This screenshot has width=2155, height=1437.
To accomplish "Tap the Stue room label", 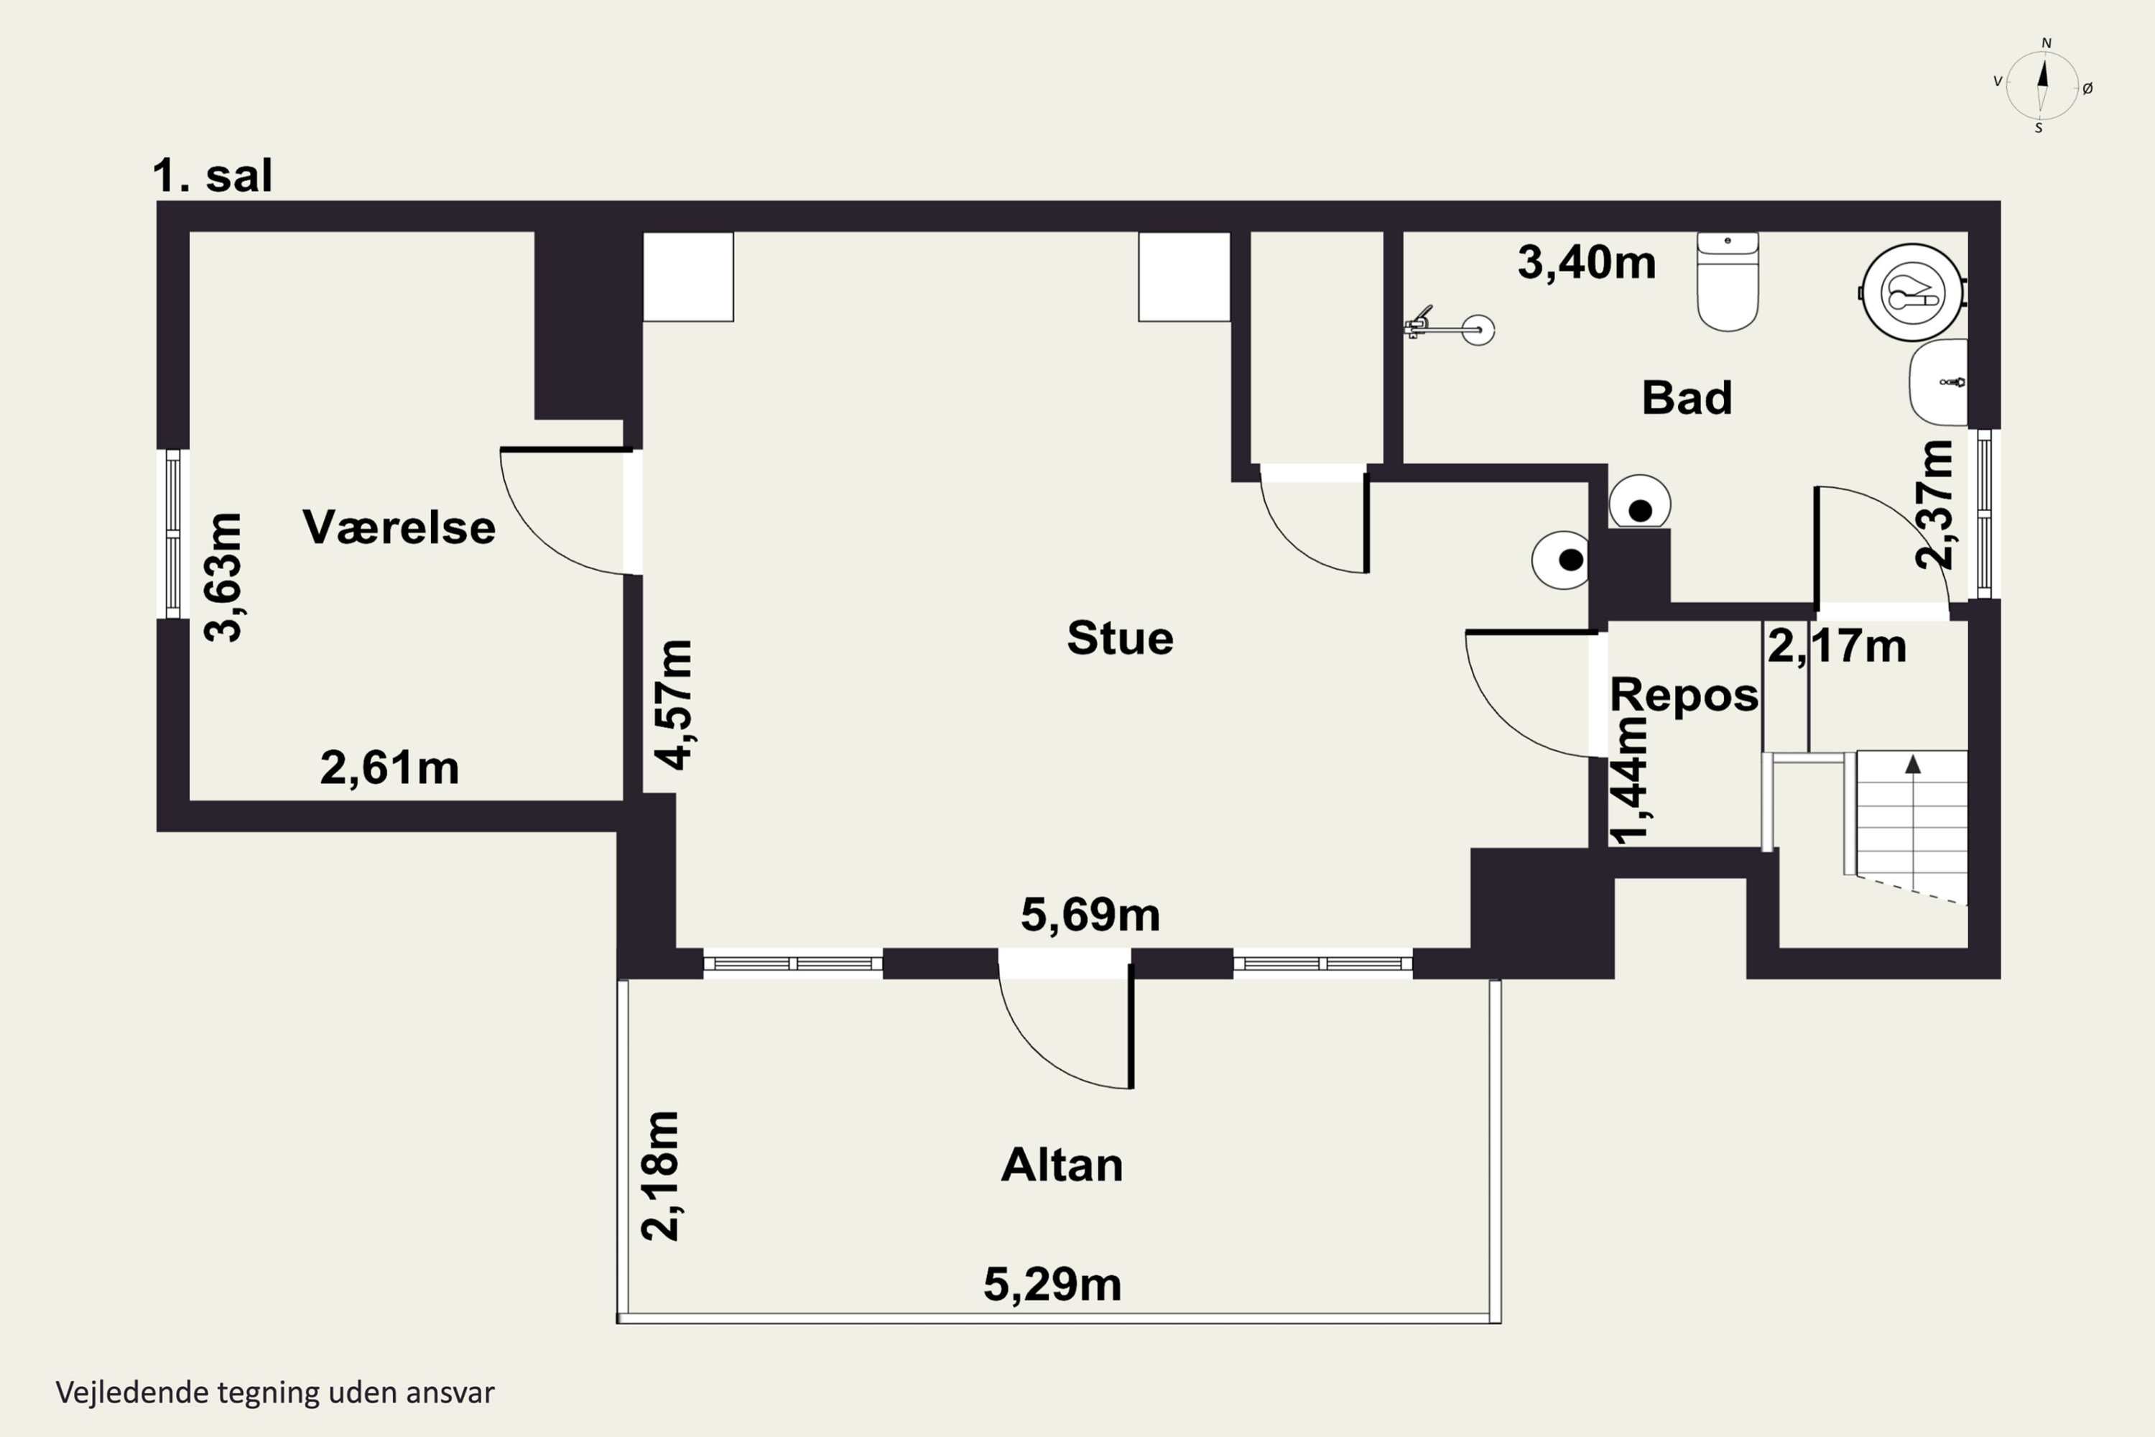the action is coord(1120,638).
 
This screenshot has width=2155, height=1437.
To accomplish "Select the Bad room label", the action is coord(1687,398).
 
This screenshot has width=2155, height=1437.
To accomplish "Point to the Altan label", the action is coord(1062,1165).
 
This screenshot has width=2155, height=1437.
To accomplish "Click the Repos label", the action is coord(1684,695).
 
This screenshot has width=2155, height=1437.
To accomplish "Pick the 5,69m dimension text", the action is coord(1090,915).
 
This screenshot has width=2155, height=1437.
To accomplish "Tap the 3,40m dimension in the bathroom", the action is coord(1587,263).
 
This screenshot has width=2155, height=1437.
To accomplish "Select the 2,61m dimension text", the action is coord(389,768).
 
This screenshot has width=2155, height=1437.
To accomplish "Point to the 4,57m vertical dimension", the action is coord(674,705).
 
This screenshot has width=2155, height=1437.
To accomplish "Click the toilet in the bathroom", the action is coord(1728,282).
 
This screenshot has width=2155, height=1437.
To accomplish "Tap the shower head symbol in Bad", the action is coord(1450,326).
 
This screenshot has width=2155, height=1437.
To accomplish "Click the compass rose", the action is coord(2042,86).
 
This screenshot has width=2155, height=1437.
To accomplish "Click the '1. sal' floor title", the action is coord(213,175).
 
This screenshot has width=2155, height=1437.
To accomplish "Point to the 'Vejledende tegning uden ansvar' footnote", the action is coord(275,1392).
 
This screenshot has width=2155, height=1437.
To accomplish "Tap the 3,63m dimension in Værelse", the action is coord(223,578).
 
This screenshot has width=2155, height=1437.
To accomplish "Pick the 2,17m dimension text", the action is coord(1837,646).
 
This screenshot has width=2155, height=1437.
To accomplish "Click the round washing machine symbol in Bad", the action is coord(1913,292).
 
